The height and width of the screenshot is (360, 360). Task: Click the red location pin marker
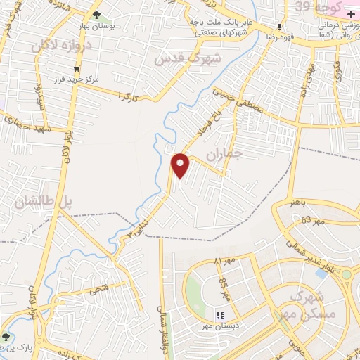tap(181, 165)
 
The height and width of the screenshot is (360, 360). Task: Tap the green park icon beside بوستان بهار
tap(96, 14)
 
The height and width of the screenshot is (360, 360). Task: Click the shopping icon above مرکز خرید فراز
tap(77, 68)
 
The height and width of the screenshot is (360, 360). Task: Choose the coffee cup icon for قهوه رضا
tap(281, 27)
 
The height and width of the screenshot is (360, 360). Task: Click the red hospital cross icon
tap(351, 14)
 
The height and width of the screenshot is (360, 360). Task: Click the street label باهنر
tap(299, 202)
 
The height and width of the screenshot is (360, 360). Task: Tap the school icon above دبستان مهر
tap(219, 314)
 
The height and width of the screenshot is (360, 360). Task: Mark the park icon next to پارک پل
tap(6, 336)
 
